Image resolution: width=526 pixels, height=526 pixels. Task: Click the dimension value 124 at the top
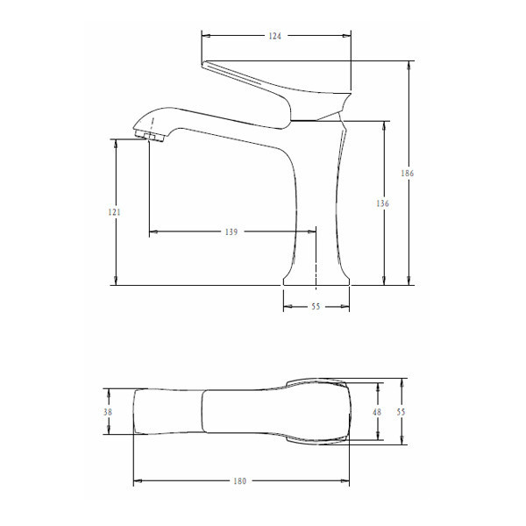276,36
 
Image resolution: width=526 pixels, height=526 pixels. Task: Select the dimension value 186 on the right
407,174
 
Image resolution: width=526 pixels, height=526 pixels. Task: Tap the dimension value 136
382,203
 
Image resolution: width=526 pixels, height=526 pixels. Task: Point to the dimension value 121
115,212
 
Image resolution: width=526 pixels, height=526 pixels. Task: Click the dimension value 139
231,232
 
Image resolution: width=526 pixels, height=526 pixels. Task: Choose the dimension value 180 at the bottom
240,480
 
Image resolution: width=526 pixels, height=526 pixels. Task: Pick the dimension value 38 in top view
108,412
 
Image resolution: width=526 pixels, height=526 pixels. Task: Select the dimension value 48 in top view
378,412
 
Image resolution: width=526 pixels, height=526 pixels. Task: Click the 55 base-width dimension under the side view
316,307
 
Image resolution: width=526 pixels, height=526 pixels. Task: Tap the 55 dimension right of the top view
402,412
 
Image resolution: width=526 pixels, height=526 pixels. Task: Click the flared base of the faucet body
316,278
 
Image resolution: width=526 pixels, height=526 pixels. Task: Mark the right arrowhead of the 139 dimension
313,232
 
